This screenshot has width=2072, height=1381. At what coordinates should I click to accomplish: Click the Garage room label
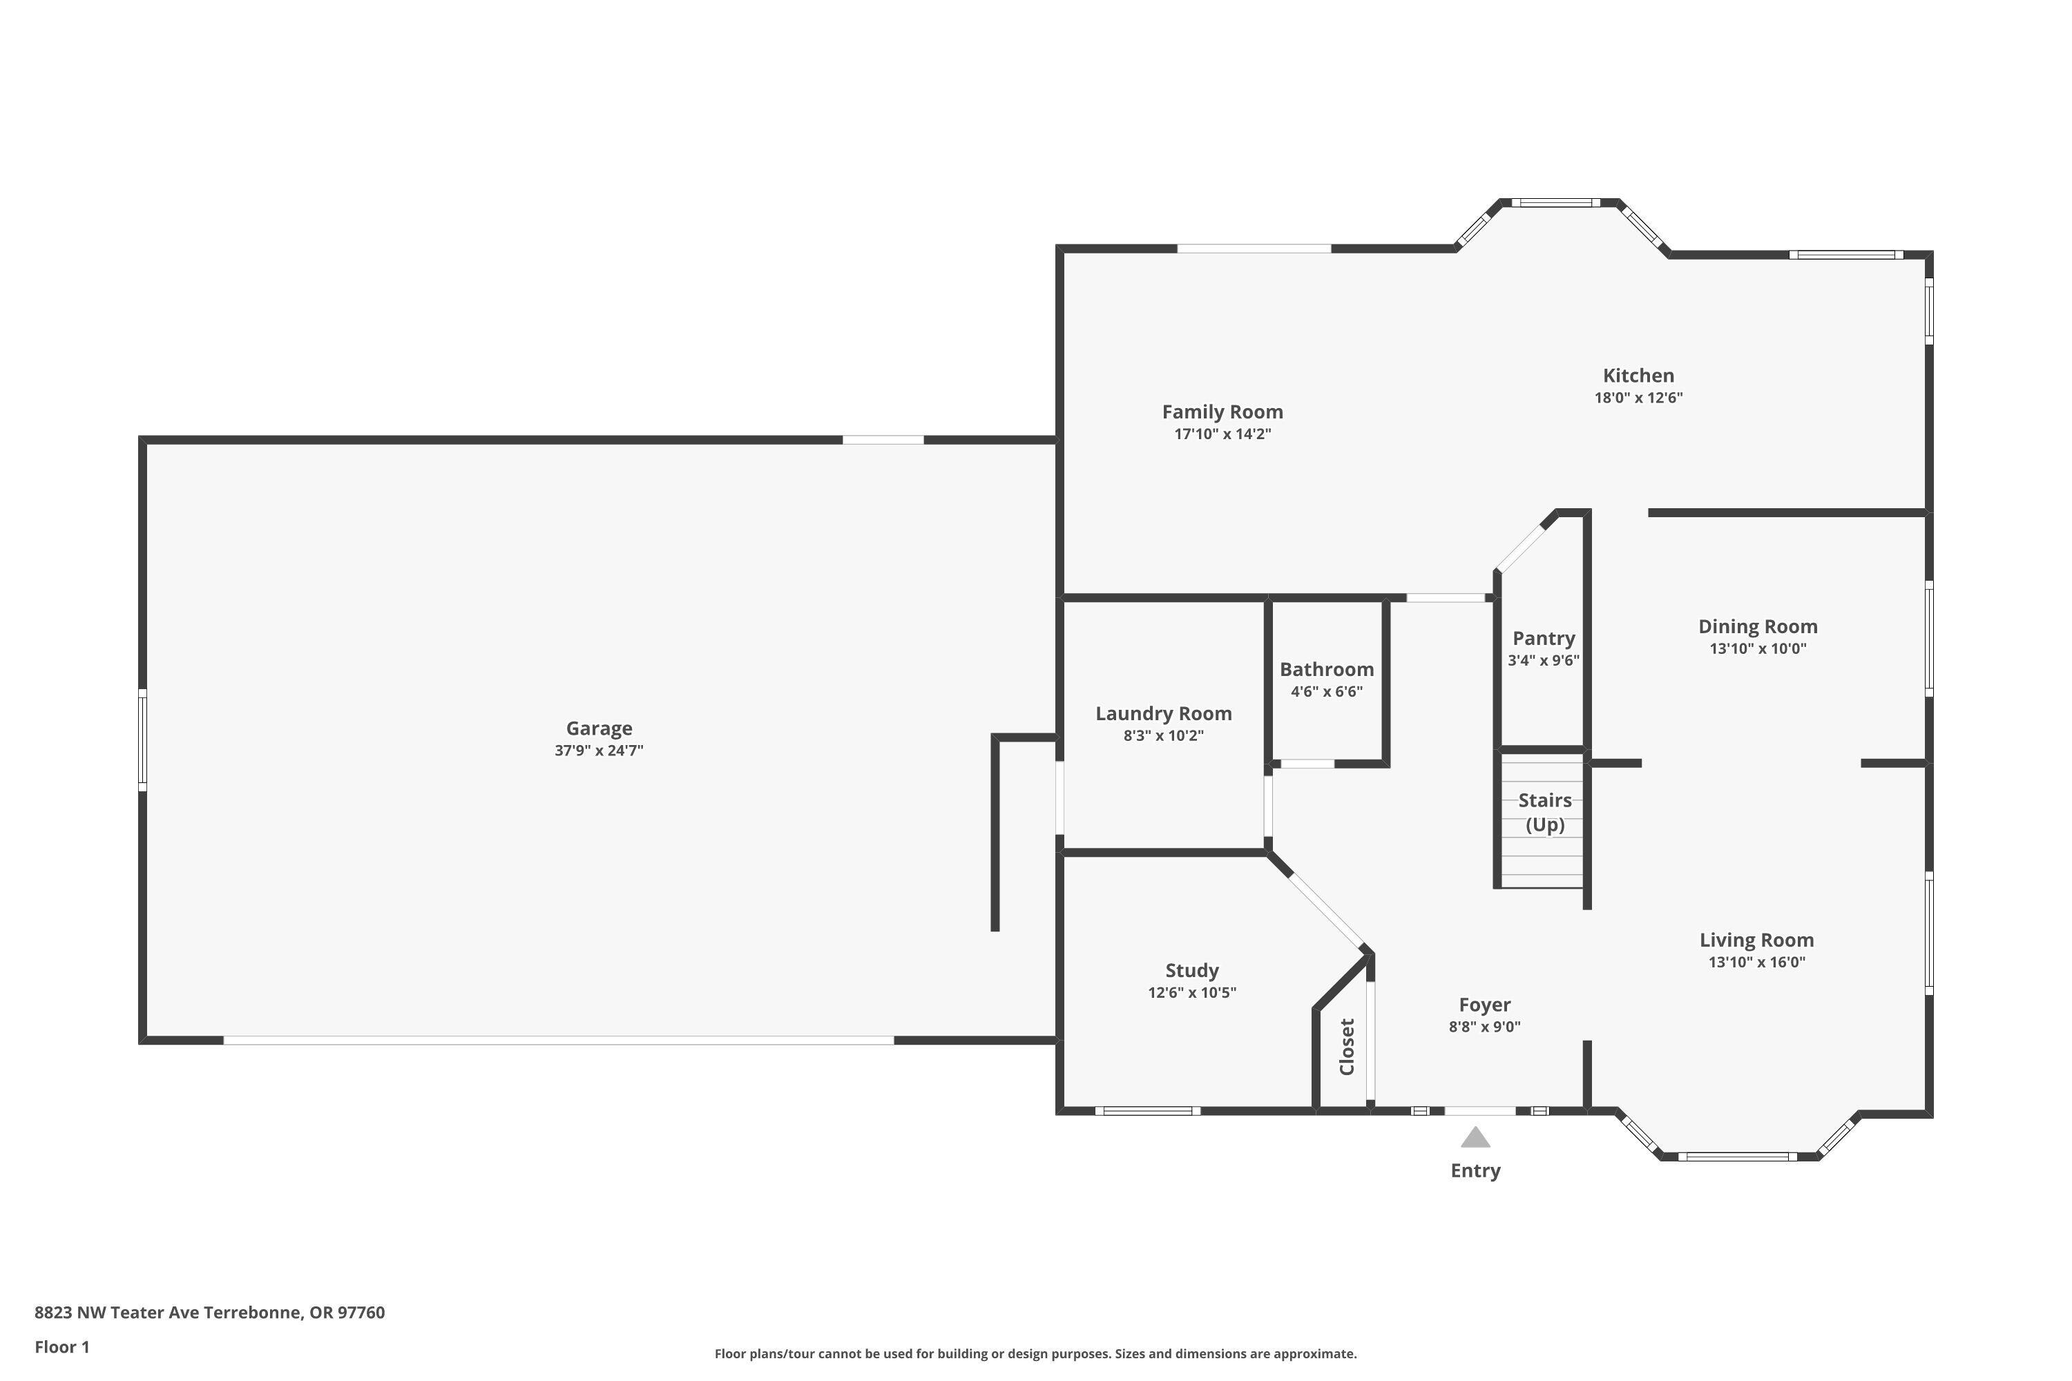pyautogui.click(x=598, y=728)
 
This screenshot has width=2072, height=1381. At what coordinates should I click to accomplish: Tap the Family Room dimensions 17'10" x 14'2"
pyautogui.click(x=1222, y=434)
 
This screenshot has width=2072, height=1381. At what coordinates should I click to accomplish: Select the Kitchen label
pyautogui.click(x=1638, y=375)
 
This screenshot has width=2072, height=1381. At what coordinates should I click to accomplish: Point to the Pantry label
pyautogui.click(x=1544, y=639)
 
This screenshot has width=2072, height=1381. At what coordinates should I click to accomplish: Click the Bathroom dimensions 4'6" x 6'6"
pyautogui.click(x=1326, y=691)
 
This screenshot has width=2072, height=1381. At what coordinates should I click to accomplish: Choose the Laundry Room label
pyautogui.click(x=1163, y=713)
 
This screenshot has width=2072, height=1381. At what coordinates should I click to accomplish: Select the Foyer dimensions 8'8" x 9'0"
pyautogui.click(x=1484, y=1026)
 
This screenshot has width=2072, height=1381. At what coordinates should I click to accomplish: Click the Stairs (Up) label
pyautogui.click(x=1544, y=812)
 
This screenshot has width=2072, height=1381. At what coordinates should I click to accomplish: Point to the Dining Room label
pyautogui.click(x=1758, y=626)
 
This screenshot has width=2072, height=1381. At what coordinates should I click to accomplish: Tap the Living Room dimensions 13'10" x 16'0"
pyautogui.click(x=1756, y=962)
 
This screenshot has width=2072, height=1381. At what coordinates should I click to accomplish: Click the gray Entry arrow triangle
pyautogui.click(x=1475, y=1138)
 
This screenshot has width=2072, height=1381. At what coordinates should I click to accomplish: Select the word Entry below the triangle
pyautogui.click(x=1475, y=1170)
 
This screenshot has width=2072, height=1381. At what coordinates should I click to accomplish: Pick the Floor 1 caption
pyautogui.click(x=61, y=1346)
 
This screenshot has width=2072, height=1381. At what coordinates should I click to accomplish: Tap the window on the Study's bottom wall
pyautogui.click(x=1147, y=1110)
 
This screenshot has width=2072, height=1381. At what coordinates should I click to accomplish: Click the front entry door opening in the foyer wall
pyautogui.click(x=1479, y=1110)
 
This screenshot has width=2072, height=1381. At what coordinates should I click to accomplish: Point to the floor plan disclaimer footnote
pyautogui.click(x=1035, y=1353)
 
